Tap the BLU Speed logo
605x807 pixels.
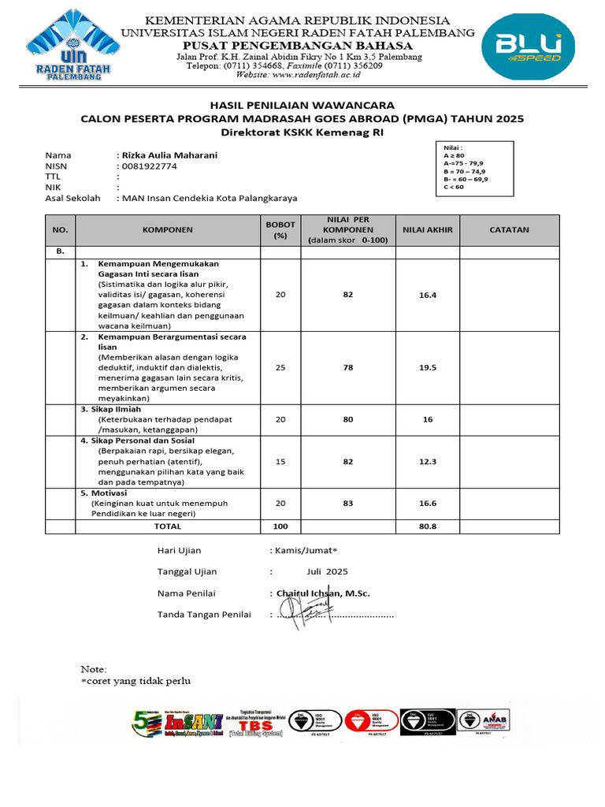click(533, 47)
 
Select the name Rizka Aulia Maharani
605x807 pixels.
click(168, 155)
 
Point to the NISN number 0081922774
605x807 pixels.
click(149, 166)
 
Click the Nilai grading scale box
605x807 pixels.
click(477, 167)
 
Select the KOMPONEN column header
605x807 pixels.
click(167, 230)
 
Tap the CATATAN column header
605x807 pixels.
click(509, 230)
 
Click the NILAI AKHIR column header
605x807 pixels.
click(427, 230)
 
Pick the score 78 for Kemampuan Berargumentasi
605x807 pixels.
click(348, 367)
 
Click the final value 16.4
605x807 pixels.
click(428, 294)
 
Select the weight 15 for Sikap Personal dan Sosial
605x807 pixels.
click(280, 462)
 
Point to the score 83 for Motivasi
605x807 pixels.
click(348, 502)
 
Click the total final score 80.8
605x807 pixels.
click(428, 526)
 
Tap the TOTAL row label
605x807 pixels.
click(167, 526)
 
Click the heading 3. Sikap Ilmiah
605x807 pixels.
click(113, 410)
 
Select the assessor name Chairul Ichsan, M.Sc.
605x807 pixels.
click(321, 593)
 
